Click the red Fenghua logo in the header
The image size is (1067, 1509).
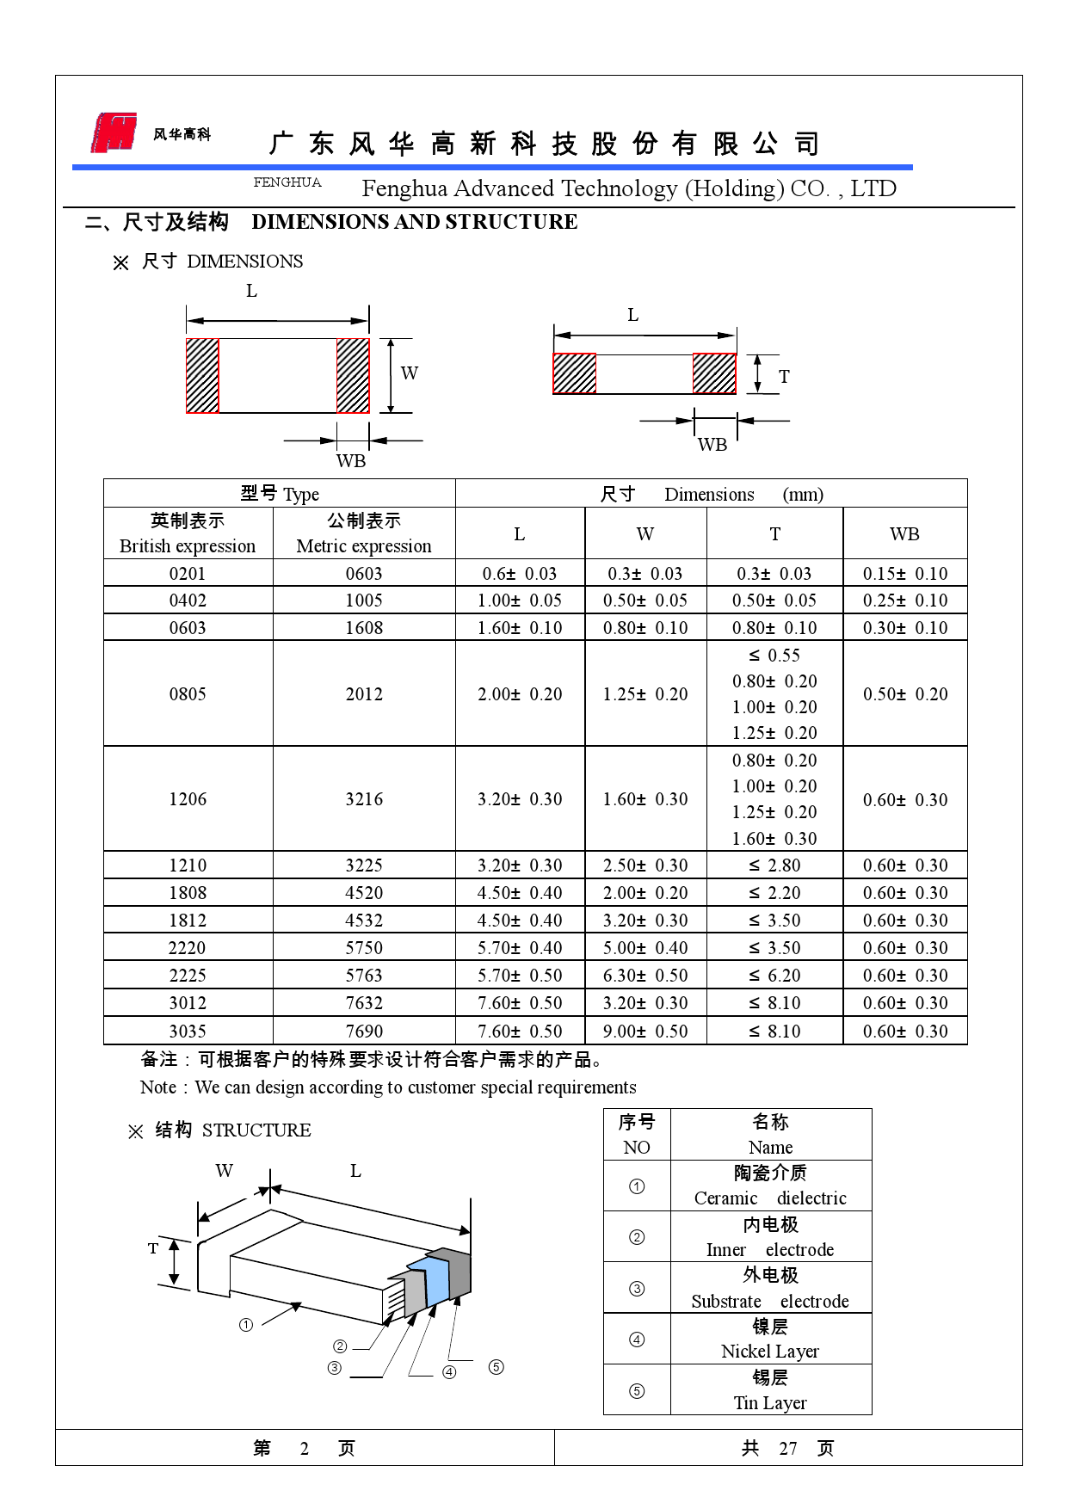(114, 132)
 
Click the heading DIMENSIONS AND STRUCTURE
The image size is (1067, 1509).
(414, 222)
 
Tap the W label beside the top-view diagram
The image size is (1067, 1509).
(410, 373)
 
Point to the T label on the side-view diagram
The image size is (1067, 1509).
(784, 377)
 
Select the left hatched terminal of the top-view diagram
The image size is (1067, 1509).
(203, 376)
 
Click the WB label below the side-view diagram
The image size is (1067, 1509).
(712, 445)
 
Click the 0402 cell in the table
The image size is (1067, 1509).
(188, 601)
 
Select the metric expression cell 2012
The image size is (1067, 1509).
(364, 694)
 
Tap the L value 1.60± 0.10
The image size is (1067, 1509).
(520, 628)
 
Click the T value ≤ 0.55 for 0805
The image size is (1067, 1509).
(774, 656)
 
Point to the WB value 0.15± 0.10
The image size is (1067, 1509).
(905, 574)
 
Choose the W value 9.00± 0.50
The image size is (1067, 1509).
(645, 1032)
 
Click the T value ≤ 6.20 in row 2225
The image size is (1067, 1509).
(774, 976)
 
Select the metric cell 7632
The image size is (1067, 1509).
(364, 1003)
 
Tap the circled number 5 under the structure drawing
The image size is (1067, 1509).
(496, 1367)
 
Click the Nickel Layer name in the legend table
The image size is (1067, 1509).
(770, 1352)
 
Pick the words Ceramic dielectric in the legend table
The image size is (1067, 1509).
(770, 1198)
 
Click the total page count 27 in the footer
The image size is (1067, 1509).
(788, 1449)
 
